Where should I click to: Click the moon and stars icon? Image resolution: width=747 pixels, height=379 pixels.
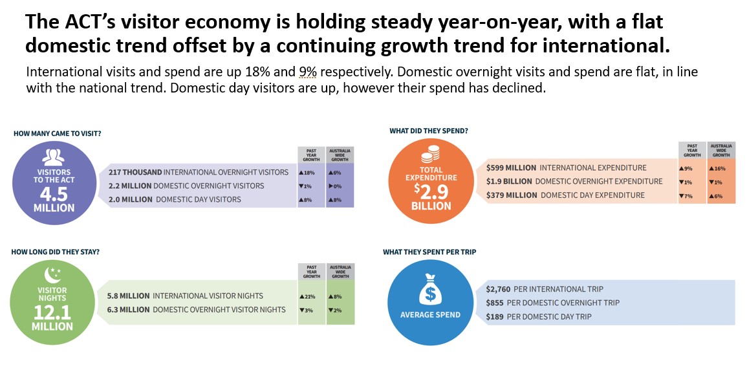point(52,276)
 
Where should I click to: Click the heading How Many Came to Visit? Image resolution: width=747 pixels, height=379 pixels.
point(57,133)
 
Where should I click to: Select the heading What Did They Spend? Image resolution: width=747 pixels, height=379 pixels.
point(429,131)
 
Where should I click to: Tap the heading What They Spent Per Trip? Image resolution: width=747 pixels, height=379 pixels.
point(429,252)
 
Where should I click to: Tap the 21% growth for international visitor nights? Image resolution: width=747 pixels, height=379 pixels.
point(307,296)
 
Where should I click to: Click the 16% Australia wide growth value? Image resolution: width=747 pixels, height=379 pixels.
point(720,168)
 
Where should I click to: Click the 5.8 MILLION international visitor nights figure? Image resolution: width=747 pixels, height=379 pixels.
point(128,296)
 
